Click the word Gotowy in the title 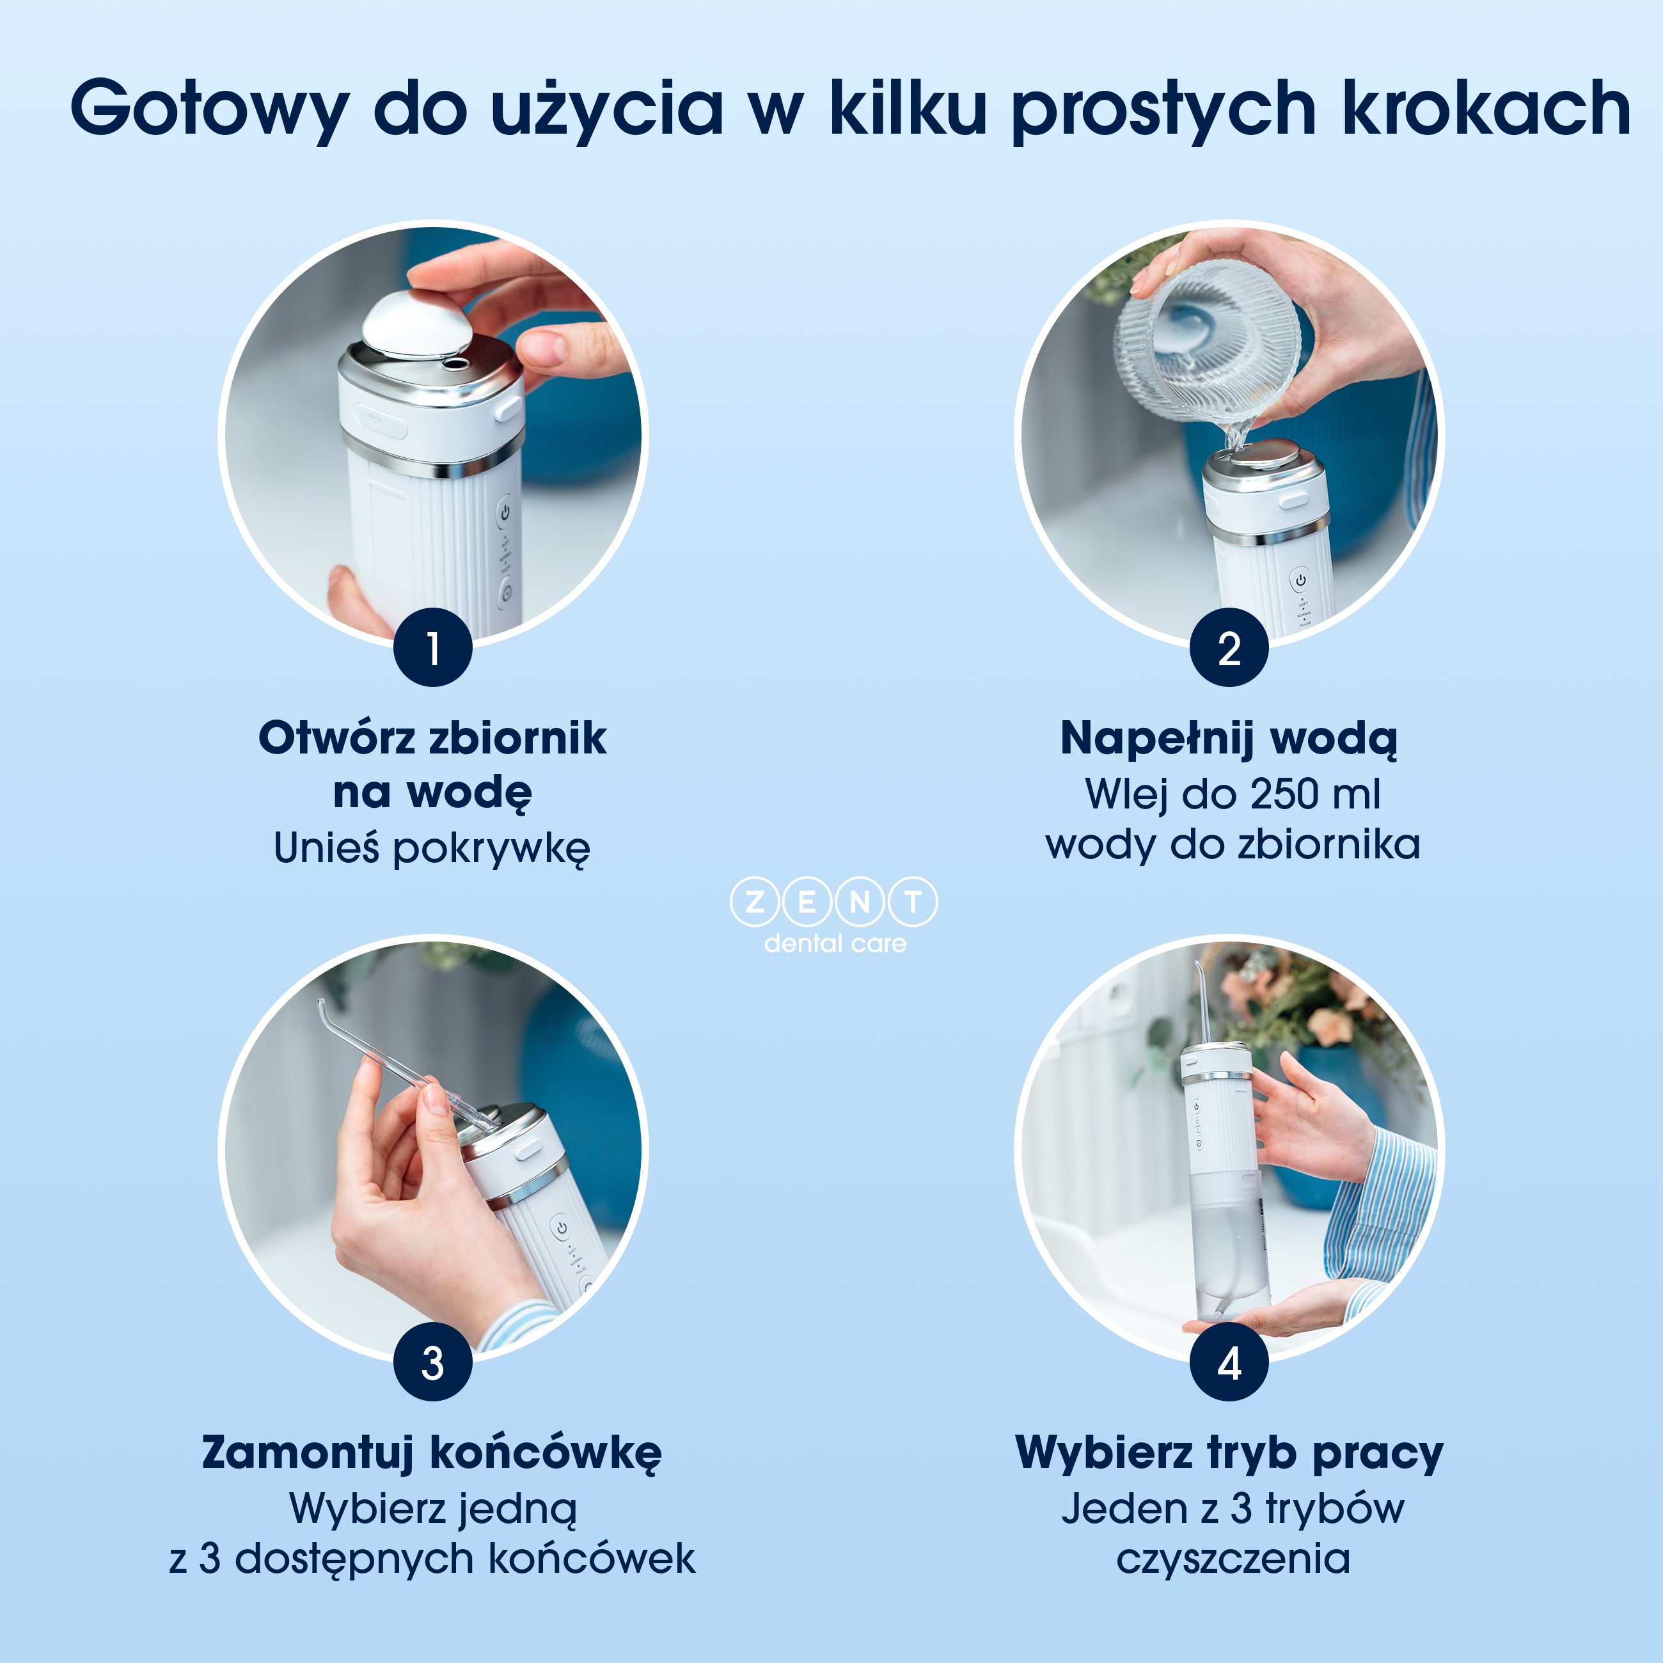point(209,109)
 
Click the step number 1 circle point(433,647)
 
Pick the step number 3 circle point(433,1362)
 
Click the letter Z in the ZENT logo point(755,901)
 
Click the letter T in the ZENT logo point(913,901)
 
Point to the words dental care point(834,943)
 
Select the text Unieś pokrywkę point(432,848)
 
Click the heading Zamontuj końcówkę point(432,1453)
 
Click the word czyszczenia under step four point(1233,1559)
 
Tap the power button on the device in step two point(1300,580)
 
